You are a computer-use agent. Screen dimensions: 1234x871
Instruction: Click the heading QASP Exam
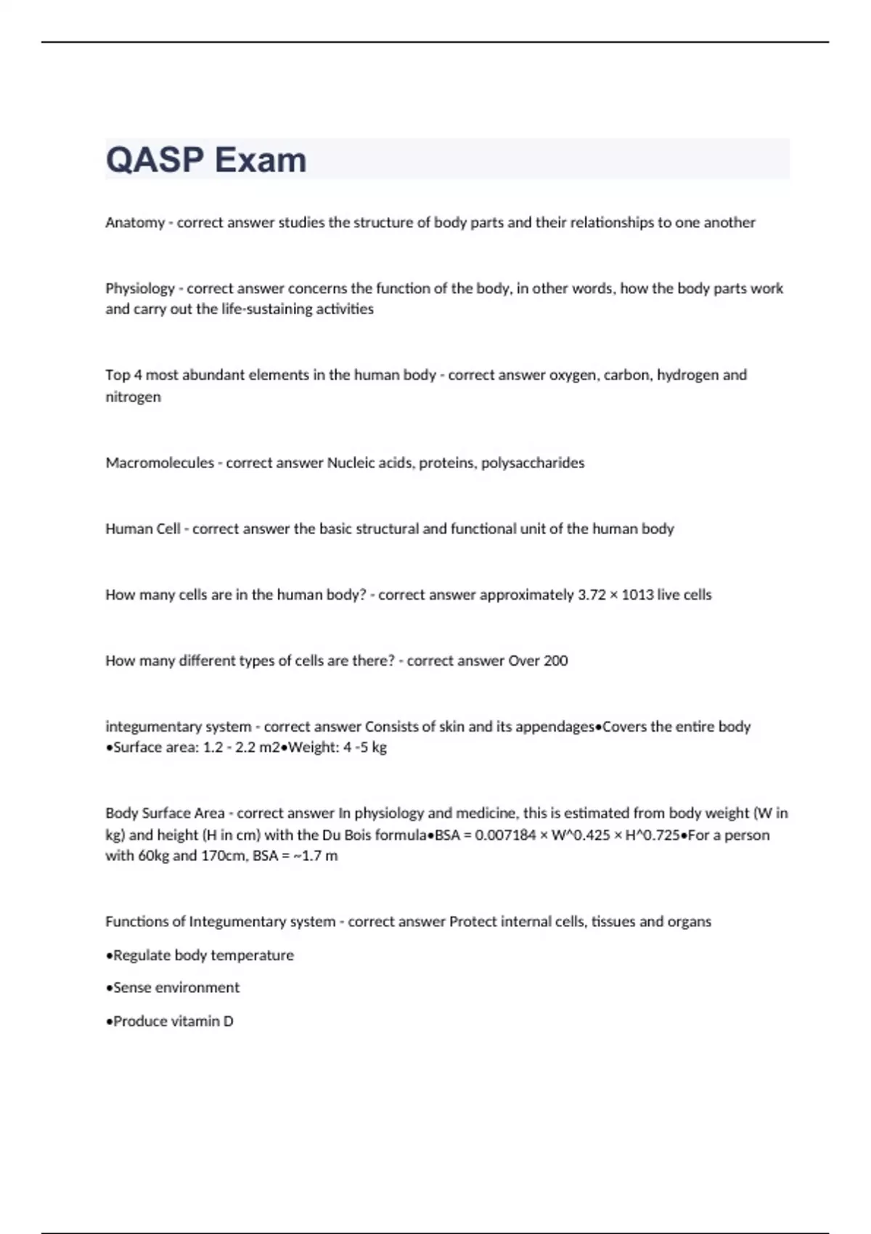[206, 160]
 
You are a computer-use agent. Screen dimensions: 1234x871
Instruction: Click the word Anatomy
[135, 223]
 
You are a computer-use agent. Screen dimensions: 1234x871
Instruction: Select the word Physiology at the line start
[140, 289]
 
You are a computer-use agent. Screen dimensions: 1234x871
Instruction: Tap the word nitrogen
[133, 397]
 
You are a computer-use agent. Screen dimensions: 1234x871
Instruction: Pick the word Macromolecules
[159, 463]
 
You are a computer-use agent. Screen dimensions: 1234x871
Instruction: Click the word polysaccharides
[533, 463]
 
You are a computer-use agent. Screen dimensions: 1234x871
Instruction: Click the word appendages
[554, 727]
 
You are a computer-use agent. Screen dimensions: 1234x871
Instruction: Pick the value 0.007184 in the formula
[506, 835]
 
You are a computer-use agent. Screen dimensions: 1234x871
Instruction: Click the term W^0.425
[581, 835]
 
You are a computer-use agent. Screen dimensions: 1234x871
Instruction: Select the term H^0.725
[653, 835]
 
